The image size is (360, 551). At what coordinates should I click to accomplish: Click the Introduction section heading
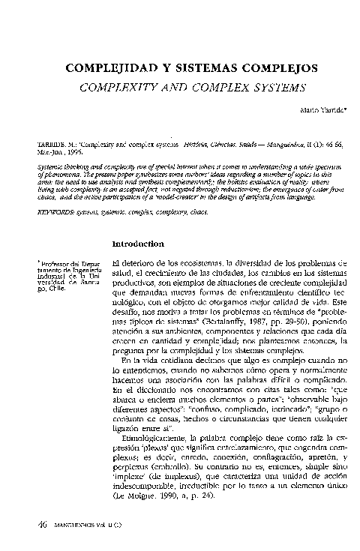point(137,244)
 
